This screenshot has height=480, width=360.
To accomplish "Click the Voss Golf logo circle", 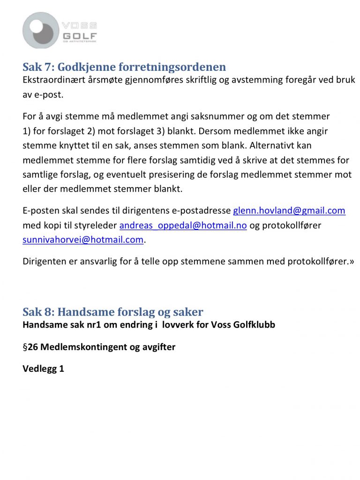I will click(x=41, y=30).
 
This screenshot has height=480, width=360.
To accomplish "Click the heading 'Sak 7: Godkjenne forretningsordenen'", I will click(x=124, y=67).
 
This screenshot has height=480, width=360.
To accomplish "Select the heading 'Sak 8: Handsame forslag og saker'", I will click(x=113, y=312).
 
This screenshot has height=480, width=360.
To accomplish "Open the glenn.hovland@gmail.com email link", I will click(x=289, y=210).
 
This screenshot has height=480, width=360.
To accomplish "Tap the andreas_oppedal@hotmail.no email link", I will click(x=183, y=225).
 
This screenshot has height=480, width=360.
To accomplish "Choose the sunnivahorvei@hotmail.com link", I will click(x=83, y=240).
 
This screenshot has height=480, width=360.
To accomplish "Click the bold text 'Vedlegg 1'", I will click(x=43, y=369).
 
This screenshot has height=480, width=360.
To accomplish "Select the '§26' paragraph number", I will click(x=30, y=347).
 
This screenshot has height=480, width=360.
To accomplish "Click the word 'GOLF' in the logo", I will click(x=79, y=36).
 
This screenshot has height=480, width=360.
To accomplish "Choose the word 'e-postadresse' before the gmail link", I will click(x=204, y=210).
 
